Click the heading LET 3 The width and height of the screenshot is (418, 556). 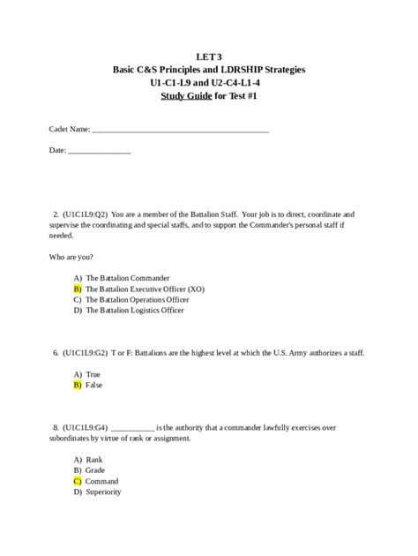tap(209, 56)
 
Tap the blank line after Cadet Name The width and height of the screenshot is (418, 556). tap(180, 130)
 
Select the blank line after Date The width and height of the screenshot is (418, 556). tap(100, 151)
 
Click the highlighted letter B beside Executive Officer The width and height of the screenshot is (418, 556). tap(78, 289)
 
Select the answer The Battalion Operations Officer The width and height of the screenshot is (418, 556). tap(137, 299)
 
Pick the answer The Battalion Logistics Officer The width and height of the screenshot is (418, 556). tap(135, 311)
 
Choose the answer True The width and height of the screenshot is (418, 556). tap(93, 374)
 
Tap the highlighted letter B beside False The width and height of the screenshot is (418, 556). tap(78, 385)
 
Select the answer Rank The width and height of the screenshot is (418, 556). tap(94, 460)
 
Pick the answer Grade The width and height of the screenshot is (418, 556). tap(96, 470)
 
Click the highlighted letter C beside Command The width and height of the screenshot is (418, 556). tap(78, 481)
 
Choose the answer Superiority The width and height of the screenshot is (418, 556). tap(103, 492)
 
